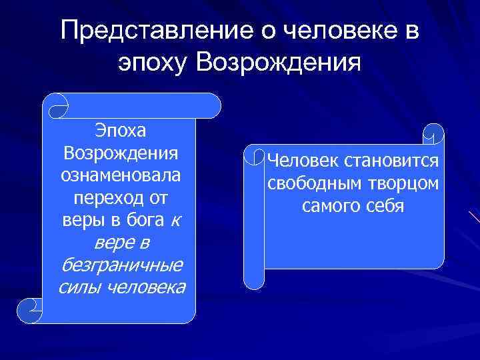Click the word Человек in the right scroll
pos(303,161)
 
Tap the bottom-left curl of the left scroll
pos(30,310)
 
